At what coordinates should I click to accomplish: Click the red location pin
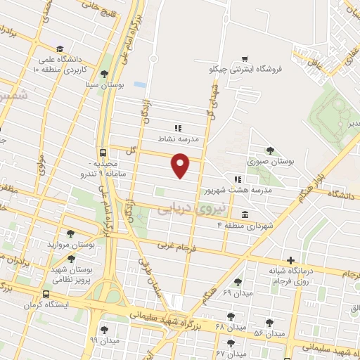point(181,165)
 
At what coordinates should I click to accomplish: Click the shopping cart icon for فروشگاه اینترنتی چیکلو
point(244,58)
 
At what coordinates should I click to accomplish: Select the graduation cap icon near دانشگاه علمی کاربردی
point(60,48)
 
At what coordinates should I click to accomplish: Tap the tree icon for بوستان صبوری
point(270,150)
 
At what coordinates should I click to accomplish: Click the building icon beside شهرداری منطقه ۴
point(244,214)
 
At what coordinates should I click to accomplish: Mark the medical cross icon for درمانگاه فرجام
point(290,260)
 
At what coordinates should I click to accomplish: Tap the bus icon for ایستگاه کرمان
point(46,295)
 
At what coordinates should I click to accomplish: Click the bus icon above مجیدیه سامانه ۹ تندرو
point(104,153)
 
